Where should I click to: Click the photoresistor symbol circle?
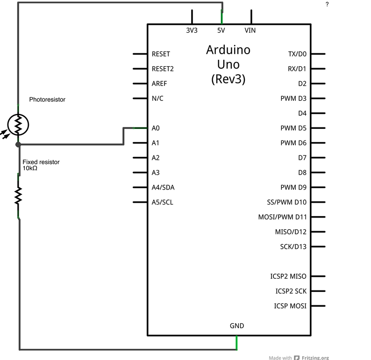pyautogui.click(x=18, y=124)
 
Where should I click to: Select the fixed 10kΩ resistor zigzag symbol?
pyautogui.click(x=18, y=196)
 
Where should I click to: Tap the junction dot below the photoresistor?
pyautogui.click(x=18, y=145)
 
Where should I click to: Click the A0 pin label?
pyautogui.click(x=156, y=128)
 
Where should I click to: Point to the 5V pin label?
pyautogui.click(x=222, y=30)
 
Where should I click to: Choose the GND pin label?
pyautogui.click(x=236, y=326)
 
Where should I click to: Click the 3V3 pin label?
pyautogui.click(x=192, y=30)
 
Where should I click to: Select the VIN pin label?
pyautogui.click(x=250, y=30)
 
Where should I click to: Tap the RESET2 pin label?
pyautogui.click(x=163, y=69)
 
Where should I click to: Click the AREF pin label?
pyautogui.click(x=159, y=84)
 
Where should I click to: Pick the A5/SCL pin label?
pyautogui.click(x=162, y=202)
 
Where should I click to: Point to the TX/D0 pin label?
pyautogui.click(x=297, y=54)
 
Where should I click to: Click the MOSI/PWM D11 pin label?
pyautogui.click(x=282, y=217)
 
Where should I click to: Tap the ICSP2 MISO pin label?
pyautogui.click(x=288, y=276)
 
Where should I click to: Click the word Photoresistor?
pyautogui.click(x=47, y=99)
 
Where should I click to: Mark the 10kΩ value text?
pyautogui.click(x=30, y=168)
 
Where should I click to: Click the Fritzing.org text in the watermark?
pyautogui.click(x=315, y=358)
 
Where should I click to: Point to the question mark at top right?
pyautogui.click(x=327, y=4)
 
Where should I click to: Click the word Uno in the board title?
pyautogui.click(x=228, y=64)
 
